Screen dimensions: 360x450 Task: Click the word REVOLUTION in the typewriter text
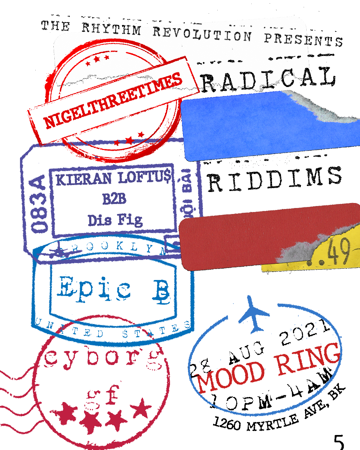pos(202,34)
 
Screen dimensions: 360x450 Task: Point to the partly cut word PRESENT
pos(298,40)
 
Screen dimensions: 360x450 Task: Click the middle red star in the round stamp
pos(97,59)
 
